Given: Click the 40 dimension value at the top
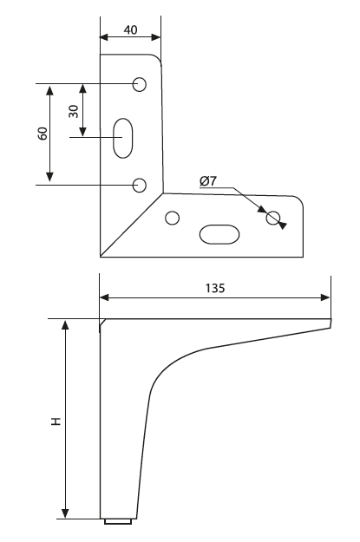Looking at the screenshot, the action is click(x=130, y=30).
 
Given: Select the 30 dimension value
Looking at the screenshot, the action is click(x=74, y=111).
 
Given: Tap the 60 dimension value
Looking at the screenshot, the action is click(x=43, y=134).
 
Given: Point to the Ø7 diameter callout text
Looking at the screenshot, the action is click(x=208, y=180).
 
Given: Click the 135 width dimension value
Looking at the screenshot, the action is click(x=215, y=288).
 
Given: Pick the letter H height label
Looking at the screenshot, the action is click(x=56, y=421).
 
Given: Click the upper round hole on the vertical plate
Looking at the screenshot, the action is click(x=140, y=84).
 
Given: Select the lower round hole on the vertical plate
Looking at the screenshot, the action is click(x=140, y=186).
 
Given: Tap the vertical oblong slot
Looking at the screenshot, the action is click(x=123, y=138).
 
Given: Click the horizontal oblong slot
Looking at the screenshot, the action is click(x=219, y=234).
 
